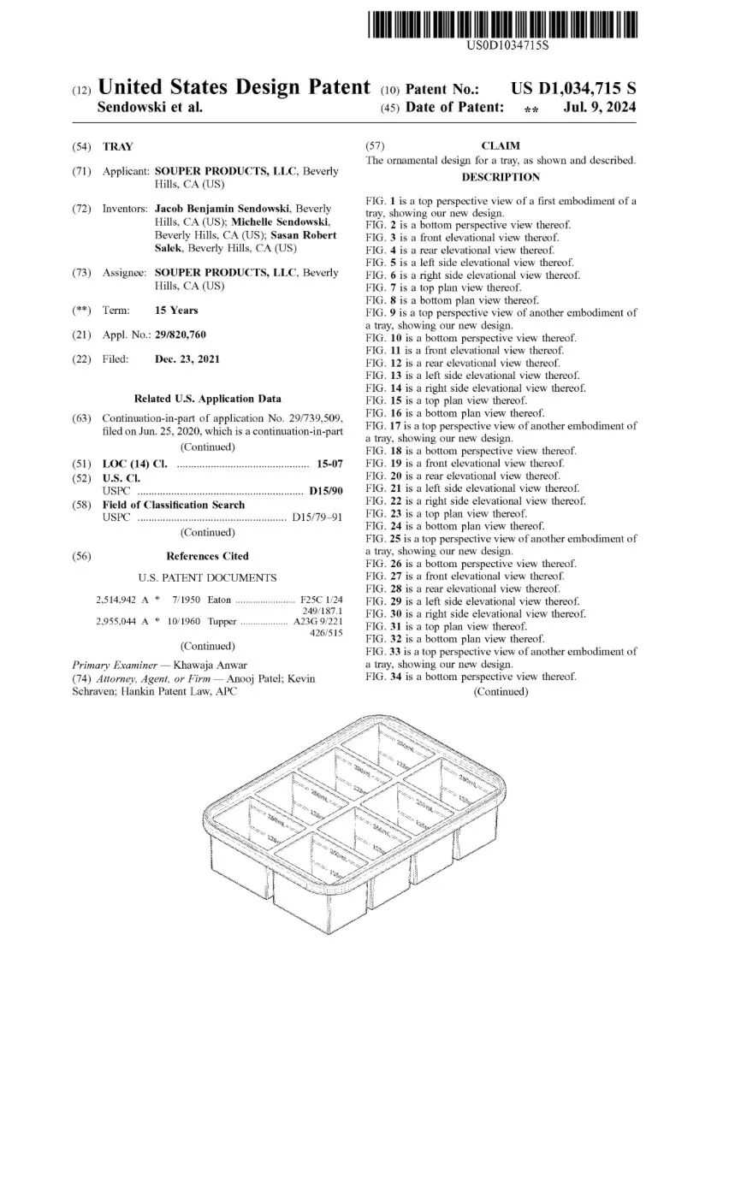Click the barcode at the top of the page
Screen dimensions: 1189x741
click(x=503, y=24)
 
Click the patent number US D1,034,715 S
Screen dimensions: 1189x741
click(x=573, y=89)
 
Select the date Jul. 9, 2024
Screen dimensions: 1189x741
click(x=599, y=108)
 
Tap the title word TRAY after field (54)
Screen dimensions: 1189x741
click(x=118, y=147)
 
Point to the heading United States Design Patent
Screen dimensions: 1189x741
click(x=234, y=87)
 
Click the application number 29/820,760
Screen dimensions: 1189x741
click(x=180, y=334)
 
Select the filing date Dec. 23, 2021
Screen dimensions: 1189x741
click(x=187, y=359)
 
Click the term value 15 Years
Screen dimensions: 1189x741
click(x=175, y=311)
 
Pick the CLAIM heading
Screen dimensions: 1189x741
click(x=501, y=146)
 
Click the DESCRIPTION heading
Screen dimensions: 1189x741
click(x=501, y=177)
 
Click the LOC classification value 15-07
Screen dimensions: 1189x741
click(x=329, y=464)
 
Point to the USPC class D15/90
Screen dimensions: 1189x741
click(x=325, y=491)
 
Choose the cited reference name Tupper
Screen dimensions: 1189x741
click(x=222, y=621)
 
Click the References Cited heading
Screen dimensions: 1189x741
click(x=207, y=556)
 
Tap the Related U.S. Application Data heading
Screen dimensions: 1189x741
click(x=207, y=399)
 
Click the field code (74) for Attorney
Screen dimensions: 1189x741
click(x=81, y=678)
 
